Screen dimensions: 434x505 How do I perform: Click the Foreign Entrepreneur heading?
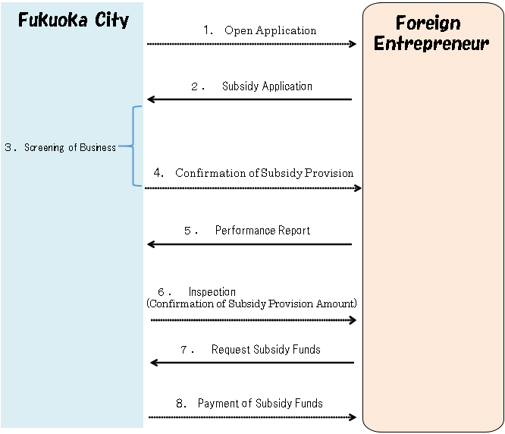tap(431, 33)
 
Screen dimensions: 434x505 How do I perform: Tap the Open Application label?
tap(270, 31)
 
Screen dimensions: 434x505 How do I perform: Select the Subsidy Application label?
tap(267, 86)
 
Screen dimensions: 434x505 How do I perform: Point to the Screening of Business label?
tap(70, 147)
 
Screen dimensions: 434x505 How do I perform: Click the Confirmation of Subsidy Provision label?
tap(264, 173)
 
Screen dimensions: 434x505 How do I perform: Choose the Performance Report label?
tap(262, 231)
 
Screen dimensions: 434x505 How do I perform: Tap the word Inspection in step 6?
tap(212, 292)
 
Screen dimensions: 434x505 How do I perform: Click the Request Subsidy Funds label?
tap(265, 350)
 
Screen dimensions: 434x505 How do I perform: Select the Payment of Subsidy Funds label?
tap(260, 404)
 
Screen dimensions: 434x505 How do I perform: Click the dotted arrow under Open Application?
tap(251, 44)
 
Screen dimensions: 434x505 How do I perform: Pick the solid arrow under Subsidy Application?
tap(249, 99)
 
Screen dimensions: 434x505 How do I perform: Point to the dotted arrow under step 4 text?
tap(252, 187)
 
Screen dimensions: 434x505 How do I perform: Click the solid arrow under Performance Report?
tap(249, 244)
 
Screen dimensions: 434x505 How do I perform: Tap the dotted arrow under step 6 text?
tap(253, 320)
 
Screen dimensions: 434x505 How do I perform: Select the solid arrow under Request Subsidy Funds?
tap(252, 363)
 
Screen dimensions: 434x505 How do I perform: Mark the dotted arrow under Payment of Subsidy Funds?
tap(252, 417)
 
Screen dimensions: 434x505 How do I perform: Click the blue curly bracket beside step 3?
tap(136, 146)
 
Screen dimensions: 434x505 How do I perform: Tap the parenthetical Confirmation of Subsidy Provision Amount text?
tap(251, 303)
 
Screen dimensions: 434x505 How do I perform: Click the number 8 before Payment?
tap(180, 404)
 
